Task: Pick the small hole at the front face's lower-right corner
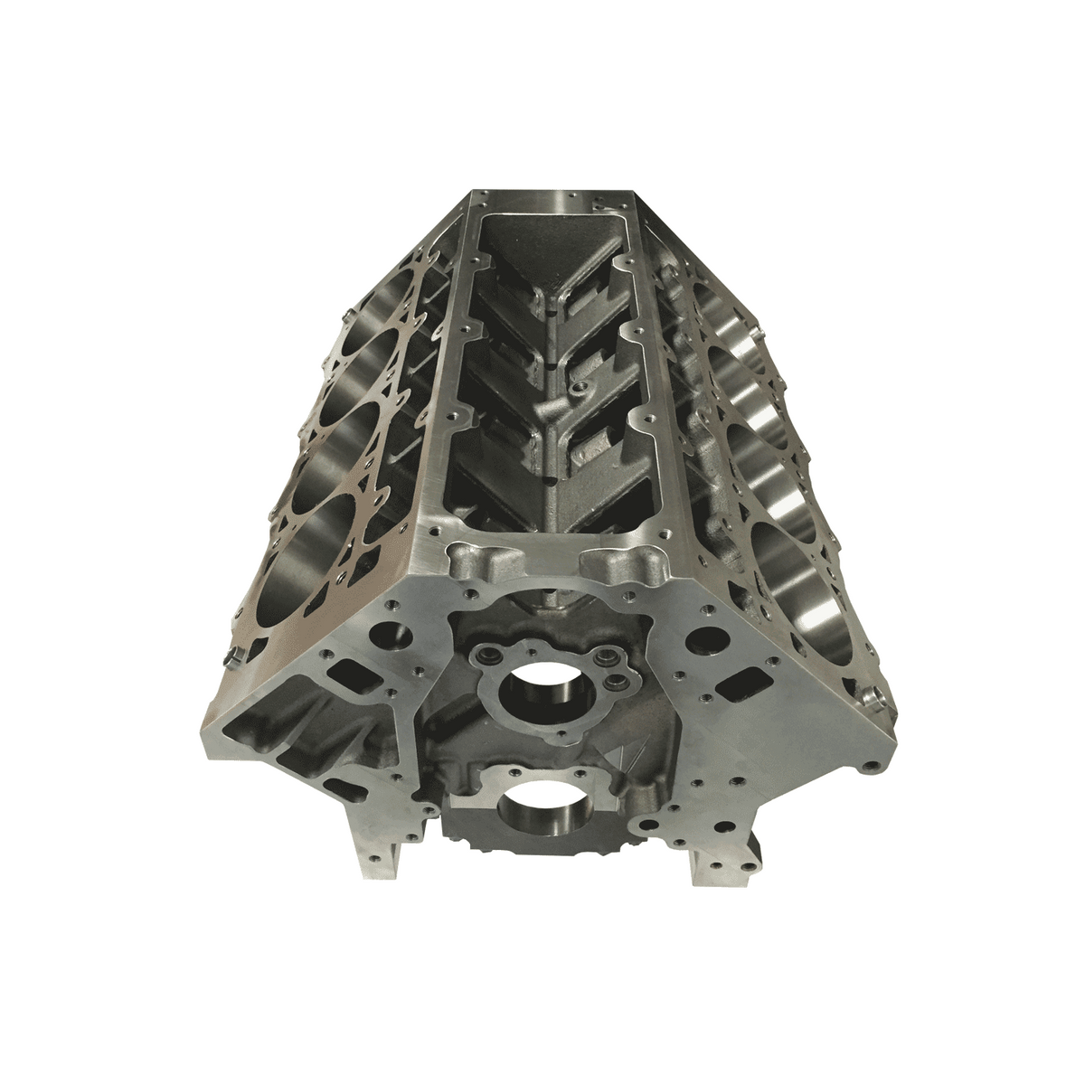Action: pos(869,767)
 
